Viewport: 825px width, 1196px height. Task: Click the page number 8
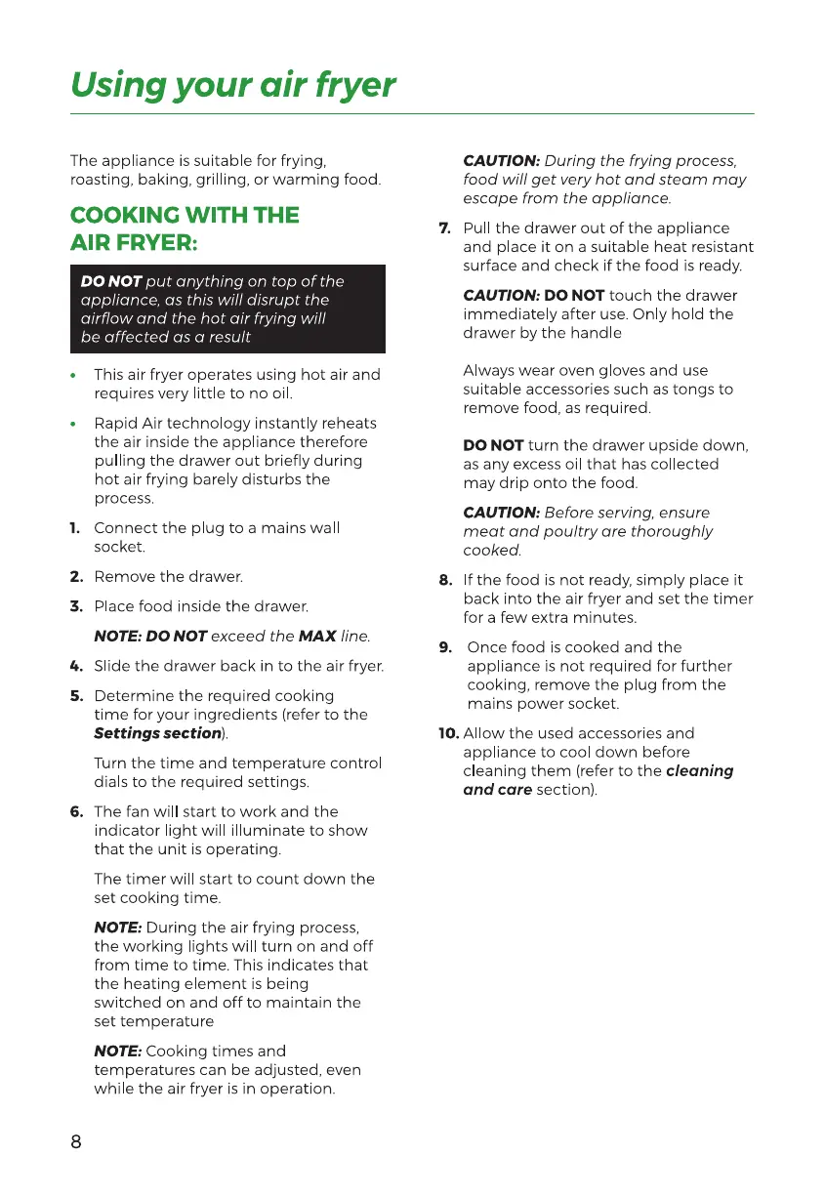[76, 1142]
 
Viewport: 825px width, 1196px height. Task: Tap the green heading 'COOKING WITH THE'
[185, 215]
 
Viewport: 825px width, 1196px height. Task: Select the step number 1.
[75, 528]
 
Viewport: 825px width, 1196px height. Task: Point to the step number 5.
[75, 696]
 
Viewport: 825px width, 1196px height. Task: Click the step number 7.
[444, 228]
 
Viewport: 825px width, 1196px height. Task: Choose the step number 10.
[448, 733]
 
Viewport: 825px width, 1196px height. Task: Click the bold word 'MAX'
[317, 637]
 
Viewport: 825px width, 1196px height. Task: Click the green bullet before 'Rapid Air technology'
[73, 425]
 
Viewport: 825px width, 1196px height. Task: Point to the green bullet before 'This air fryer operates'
[73, 376]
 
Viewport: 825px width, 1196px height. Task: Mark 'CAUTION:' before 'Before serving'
[501, 513]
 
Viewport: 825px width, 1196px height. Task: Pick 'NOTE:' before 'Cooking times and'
[117, 1052]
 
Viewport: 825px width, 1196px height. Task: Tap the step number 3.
[75, 607]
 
